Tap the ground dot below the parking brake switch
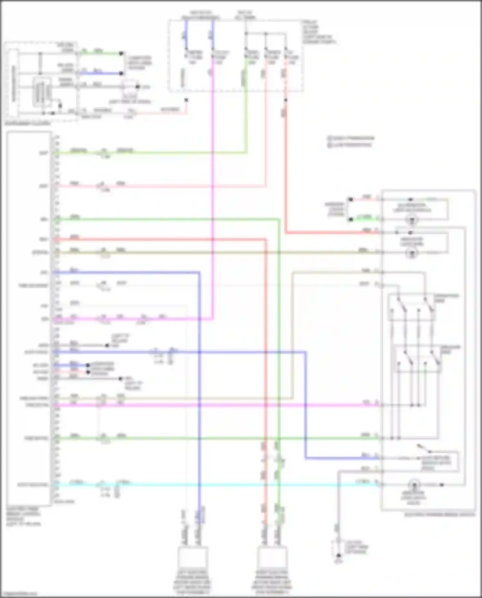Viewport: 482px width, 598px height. pos(338,556)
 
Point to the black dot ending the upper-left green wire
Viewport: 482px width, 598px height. pos(121,53)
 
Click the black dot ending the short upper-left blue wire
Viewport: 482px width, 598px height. pos(121,73)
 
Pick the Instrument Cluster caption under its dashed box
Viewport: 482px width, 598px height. pos(28,123)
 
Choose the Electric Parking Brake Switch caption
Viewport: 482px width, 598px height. pos(440,514)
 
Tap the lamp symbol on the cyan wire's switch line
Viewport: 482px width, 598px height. pos(414,485)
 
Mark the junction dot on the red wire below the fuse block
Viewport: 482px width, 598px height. pos(285,100)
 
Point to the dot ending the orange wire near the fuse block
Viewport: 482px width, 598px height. pos(186,100)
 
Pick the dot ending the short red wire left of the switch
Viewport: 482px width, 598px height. pos(351,200)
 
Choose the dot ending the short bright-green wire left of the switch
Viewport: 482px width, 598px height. pos(351,219)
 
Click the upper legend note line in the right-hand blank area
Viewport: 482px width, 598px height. pos(351,138)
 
